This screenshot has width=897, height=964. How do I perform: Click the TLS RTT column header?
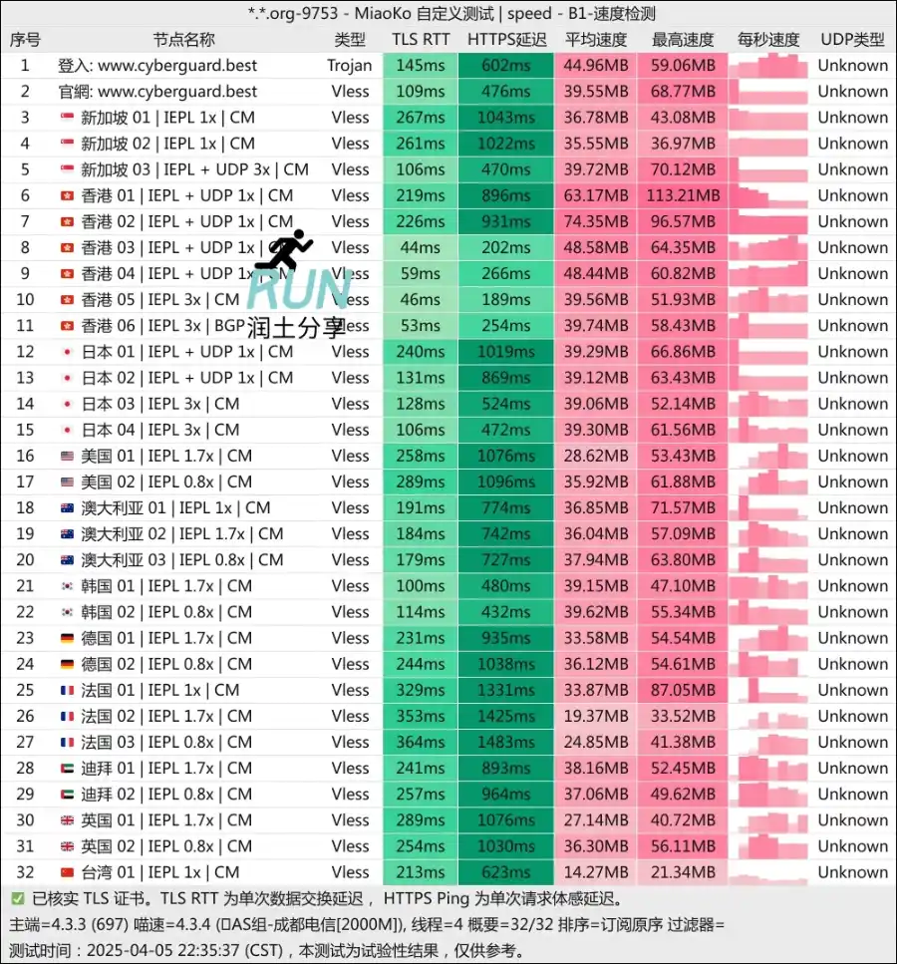421,40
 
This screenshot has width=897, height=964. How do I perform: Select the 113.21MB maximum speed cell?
684,195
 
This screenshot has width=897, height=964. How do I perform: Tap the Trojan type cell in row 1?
350,66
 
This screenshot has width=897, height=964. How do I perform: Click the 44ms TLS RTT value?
421,247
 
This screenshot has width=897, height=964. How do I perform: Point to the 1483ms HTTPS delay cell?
506,742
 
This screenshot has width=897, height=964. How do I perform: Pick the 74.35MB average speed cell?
595,221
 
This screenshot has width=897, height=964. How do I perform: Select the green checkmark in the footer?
18,898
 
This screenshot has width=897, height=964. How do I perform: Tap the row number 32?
25,872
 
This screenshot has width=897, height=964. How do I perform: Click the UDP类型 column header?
852,40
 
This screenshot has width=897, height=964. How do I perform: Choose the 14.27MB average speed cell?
595,872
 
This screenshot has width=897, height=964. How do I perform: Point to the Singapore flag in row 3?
67,118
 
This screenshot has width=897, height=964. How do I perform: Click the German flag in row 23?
67,638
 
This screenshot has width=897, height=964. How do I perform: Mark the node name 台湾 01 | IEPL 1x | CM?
160,872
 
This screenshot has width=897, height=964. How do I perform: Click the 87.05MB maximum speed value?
684,690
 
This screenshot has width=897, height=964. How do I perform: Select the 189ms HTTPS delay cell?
506,299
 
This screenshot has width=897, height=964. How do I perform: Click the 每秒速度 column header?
768,40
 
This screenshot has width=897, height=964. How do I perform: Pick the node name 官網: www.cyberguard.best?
157,92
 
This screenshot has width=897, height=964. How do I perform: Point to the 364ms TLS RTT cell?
421,742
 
